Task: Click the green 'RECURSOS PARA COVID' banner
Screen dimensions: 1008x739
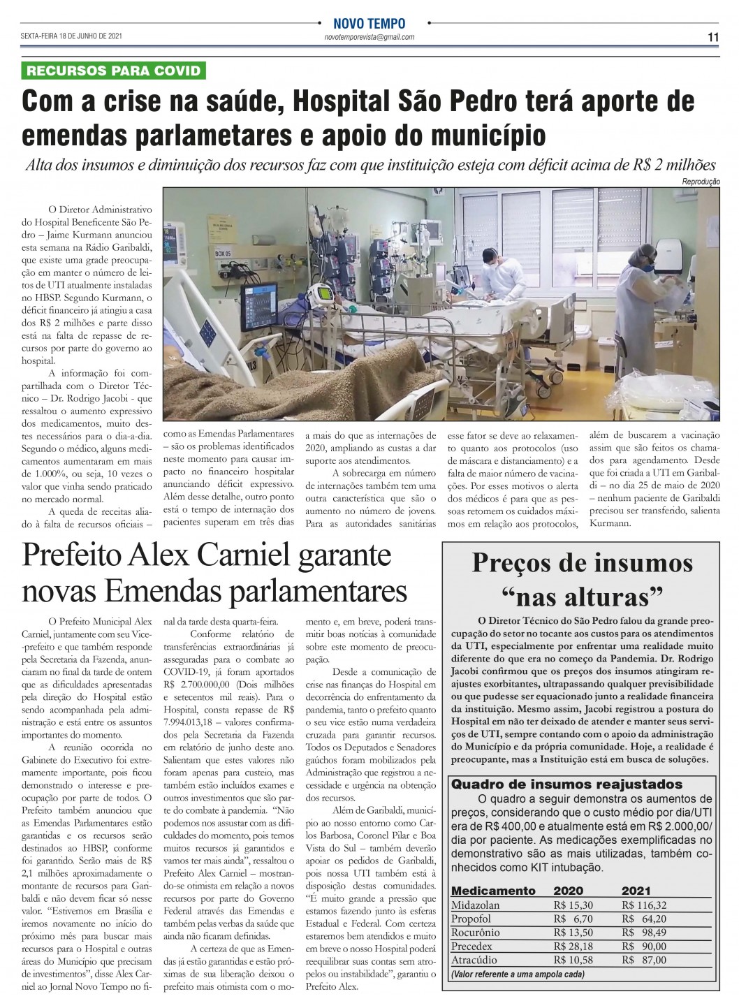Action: pos(114,70)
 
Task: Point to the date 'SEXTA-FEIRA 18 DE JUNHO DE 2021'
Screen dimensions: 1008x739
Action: pos(72,36)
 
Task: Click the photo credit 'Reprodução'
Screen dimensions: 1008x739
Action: pos(701,182)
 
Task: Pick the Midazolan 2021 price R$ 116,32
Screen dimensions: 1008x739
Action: pos(643,905)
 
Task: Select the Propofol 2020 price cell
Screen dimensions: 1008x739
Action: pos(573,919)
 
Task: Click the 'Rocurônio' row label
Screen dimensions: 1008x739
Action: pos(476,933)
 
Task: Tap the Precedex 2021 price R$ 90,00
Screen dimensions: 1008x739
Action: pos(643,947)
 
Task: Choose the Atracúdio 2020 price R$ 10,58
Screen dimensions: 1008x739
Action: pos(573,960)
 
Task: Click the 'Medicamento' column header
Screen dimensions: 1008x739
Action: pos(493,891)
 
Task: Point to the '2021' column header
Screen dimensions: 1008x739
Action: pos(636,891)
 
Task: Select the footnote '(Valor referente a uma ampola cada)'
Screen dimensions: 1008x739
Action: pos(517,974)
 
